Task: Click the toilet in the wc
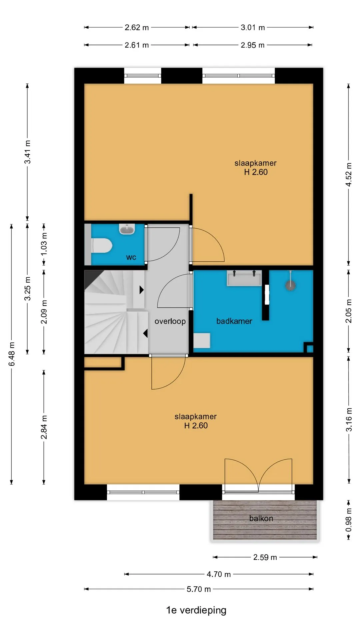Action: pos(101,246)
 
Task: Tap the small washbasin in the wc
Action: pos(127,229)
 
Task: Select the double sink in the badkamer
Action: pos(244,278)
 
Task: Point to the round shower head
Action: pos(291,285)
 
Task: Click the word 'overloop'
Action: pos(170,321)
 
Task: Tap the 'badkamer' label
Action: pos(234,321)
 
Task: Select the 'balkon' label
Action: pos(261,518)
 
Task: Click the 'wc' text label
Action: pos(131,257)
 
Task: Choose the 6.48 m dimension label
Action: pos(12,354)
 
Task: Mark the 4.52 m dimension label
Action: pos(349,175)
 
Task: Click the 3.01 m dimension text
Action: pos(253,27)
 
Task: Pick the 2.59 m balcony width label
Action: pos(265,557)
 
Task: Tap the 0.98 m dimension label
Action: pos(349,520)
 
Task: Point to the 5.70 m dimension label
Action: pos(199,589)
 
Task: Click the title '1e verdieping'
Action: pos(196,610)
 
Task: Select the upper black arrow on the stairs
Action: pos(141,290)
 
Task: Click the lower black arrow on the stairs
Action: pos(145,333)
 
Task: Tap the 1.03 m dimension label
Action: pos(44,244)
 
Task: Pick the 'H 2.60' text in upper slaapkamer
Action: pos(256,172)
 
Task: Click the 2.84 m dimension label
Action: pos(44,427)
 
